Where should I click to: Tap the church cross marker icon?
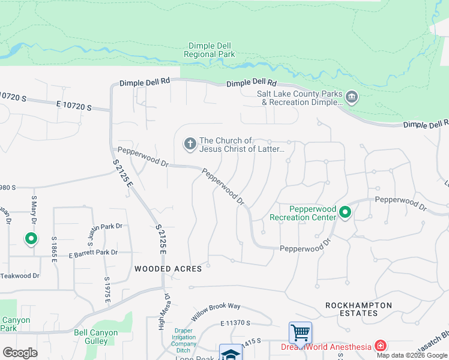click(x=190, y=143)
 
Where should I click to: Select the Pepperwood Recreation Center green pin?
click(x=345, y=212)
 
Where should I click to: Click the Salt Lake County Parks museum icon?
click(x=352, y=96)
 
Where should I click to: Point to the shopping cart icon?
click(x=300, y=332)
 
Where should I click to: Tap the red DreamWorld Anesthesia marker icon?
click(x=380, y=346)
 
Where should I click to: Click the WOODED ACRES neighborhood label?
click(x=168, y=269)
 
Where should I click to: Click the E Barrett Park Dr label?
click(x=93, y=253)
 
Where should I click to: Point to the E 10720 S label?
click(x=74, y=107)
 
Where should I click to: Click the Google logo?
click(x=20, y=352)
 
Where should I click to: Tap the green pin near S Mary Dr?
click(x=31, y=239)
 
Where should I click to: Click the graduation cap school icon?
click(x=231, y=353)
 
